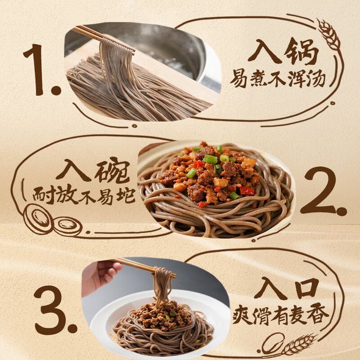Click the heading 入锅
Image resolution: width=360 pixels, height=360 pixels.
pyautogui.click(x=284, y=52)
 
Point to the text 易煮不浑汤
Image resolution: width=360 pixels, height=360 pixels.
pyautogui.click(x=277, y=79)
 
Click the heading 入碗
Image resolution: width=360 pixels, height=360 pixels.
pyautogui.click(x=91, y=171)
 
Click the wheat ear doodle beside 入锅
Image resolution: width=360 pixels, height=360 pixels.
pyautogui.click(x=329, y=34)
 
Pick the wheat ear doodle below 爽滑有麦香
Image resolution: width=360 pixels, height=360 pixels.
pyautogui.click(x=299, y=345)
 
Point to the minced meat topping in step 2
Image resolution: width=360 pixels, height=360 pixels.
pyautogui.click(x=209, y=175)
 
